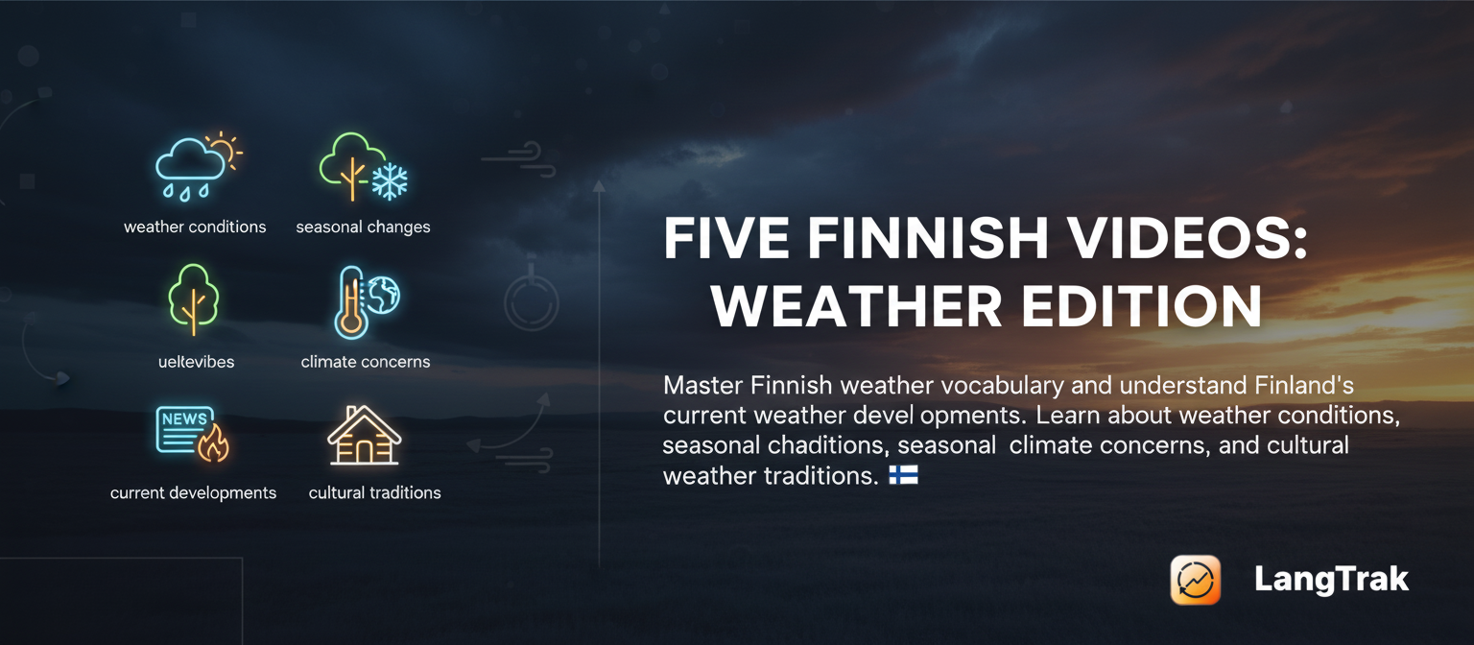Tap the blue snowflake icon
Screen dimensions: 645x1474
click(x=390, y=180)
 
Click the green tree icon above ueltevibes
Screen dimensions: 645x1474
click(x=193, y=299)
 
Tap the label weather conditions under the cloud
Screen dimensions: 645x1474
click(x=195, y=227)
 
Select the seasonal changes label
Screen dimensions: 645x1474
click(x=363, y=227)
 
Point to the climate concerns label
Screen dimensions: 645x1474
click(x=365, y=362)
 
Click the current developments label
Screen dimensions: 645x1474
click(x=193, y=493)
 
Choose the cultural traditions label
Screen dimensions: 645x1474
click(x=374, y=493)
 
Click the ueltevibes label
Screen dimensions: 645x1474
click(x=196, y=362)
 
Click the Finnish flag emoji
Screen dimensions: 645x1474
click(x=903, y=475)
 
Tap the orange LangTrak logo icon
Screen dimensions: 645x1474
click(x=1196, y=580)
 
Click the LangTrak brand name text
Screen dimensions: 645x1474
click(x=1331, y=580)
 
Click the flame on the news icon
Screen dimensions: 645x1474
click(x=213, y=443)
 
